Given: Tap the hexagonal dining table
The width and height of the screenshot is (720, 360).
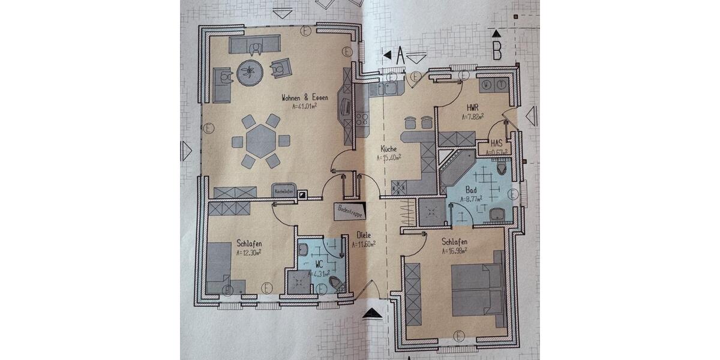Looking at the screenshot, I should pyautogui.click(x=260, y=141).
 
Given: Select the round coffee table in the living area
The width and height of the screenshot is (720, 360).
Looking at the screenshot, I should pyautogui.click(x=250, y=73).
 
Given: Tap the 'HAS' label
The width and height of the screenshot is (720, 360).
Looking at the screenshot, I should pyautogui.click(x=496, y=143).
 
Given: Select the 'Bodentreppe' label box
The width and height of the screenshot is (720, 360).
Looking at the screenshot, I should pyautogui.click(x=349, y=211).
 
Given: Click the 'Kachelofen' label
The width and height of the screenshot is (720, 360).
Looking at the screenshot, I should pyautogui.click(x=284, y=191).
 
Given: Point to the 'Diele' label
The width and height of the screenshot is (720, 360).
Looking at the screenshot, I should pyautogui.click(x=364, y=235).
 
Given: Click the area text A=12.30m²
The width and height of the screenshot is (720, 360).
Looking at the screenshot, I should pyautogui.click(x=248, y=253).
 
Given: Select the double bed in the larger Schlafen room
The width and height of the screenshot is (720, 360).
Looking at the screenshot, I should pyautogui.click(x=477, y=289).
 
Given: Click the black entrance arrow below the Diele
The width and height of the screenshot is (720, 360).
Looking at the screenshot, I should pyautogui.click(x=373, y=313).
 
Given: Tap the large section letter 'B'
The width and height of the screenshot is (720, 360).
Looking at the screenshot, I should pyautogui.click(x=497, y=52).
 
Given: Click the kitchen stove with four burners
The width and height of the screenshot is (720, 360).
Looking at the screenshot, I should pyautogui.click(x=362, y=118).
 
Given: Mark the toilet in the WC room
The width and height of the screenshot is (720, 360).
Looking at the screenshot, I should pyautogui.click(x=337, y=284).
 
